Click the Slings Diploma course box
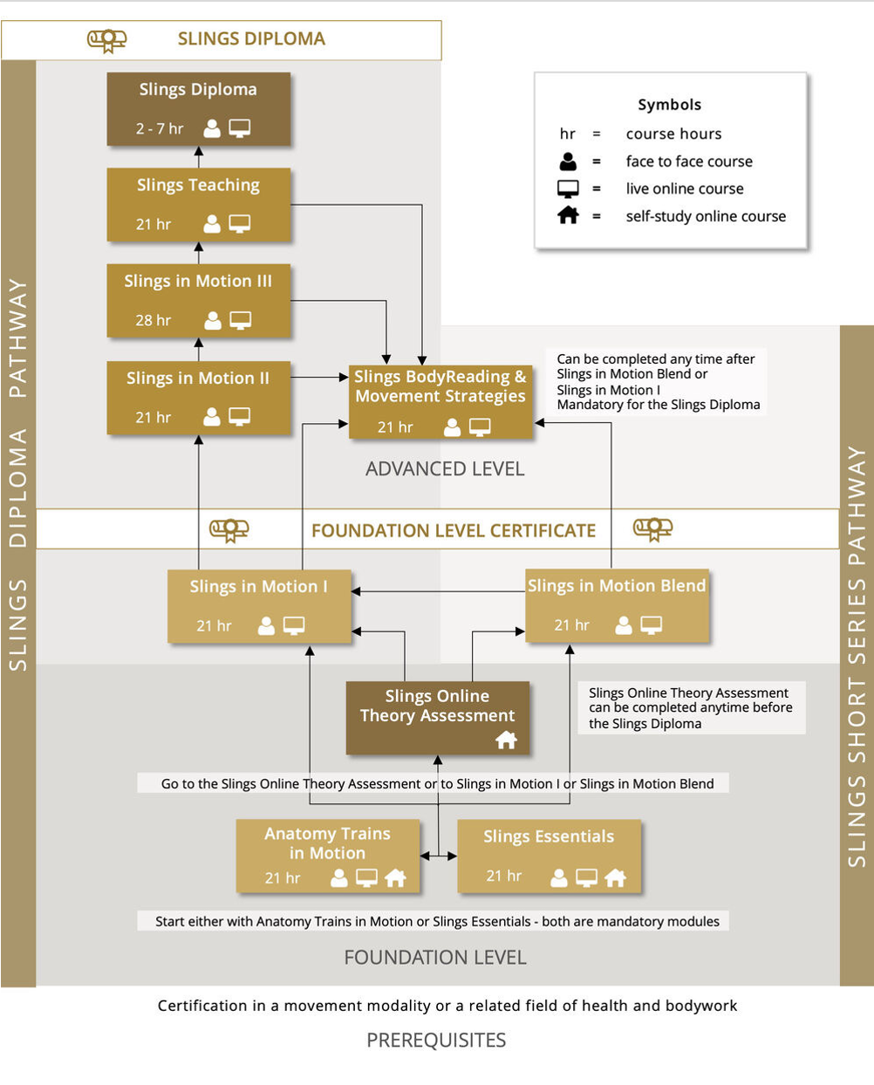point(198,109)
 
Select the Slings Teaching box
point(198,205)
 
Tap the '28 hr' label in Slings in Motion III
point(153,320)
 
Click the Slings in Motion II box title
point(198,379)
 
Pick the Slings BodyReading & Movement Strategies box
point(440,402)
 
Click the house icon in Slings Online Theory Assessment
point(507,740)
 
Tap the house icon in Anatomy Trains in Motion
point(395,877)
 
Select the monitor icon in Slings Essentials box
point(586,877)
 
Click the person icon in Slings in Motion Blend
point(624,625)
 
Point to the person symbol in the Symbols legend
point(568,161)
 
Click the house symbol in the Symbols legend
point(568,215)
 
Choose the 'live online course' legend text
point(685,188)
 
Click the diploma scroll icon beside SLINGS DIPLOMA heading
point(106,40)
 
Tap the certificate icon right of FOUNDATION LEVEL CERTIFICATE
point(652,529)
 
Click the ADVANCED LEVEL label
point(445,469)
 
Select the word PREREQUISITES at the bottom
point(436,1041)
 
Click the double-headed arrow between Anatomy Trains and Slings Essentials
point(438,856)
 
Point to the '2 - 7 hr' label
point(160,128)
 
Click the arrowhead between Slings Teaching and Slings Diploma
point(199,151)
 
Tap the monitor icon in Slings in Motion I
point(294,625)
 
